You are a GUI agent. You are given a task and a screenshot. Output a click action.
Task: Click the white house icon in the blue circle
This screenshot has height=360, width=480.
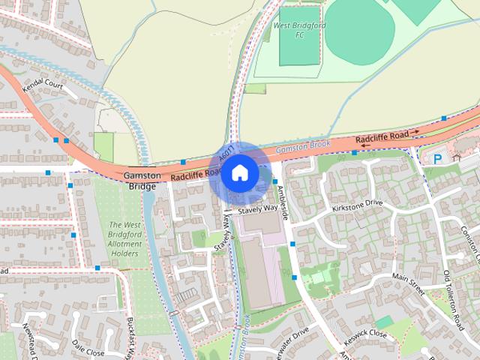coord(239,173)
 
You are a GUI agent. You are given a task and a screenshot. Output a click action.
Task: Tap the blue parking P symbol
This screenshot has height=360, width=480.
coord(437,158)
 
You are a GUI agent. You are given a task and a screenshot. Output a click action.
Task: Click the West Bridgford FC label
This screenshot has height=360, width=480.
coord(289,30)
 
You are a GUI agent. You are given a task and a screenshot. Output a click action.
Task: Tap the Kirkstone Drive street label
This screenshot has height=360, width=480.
coord(357,205)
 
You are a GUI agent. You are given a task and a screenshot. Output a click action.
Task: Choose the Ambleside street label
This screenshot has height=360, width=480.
coord(283,202)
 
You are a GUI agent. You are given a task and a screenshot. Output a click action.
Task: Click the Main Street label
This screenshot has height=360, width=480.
coord(408,284)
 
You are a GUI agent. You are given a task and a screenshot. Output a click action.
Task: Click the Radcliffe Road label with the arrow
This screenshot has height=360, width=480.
coord(387,137)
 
